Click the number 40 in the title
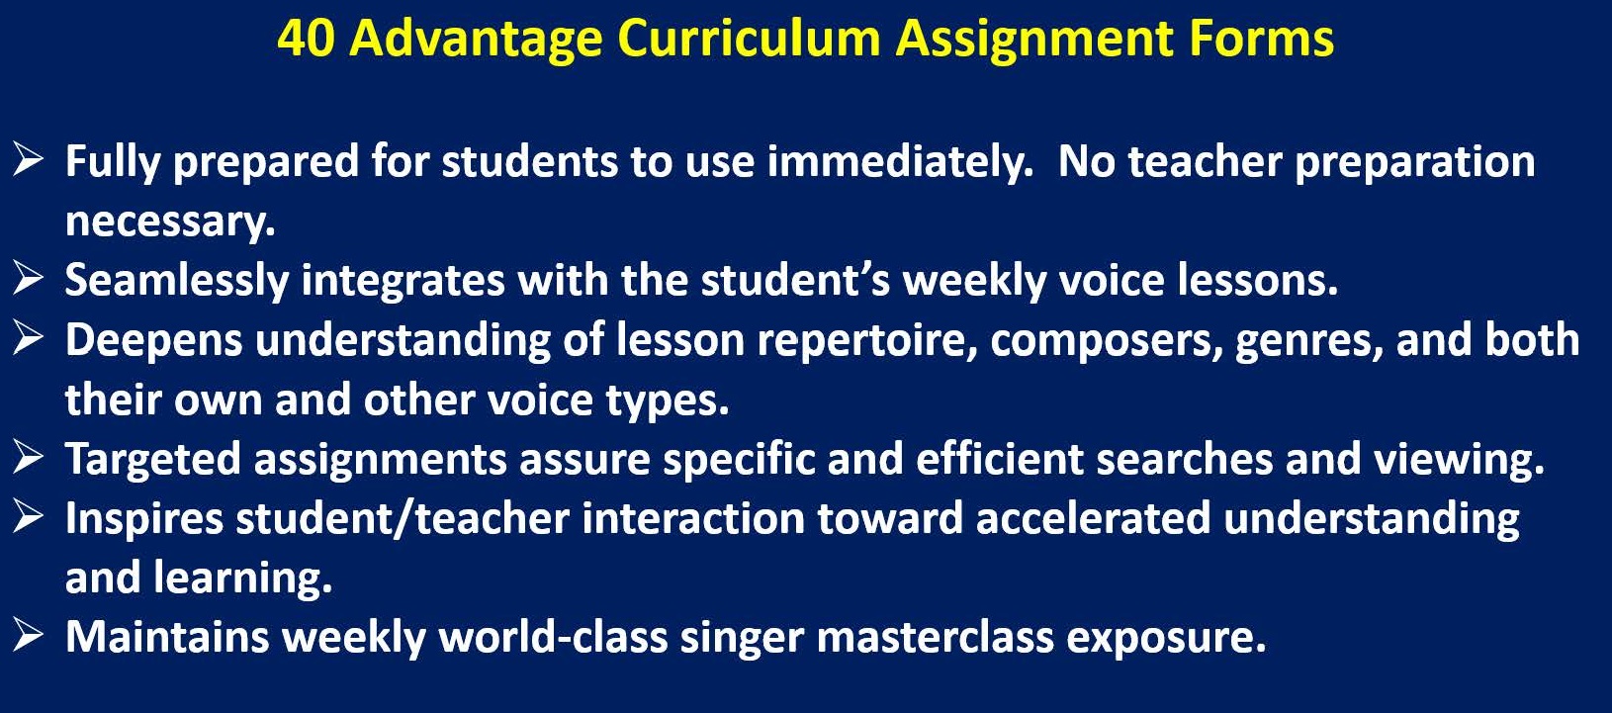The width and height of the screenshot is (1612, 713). tap(306, 38)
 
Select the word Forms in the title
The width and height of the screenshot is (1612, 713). tap(1262, 38)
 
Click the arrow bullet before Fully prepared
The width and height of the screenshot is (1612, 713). tap(28, 159)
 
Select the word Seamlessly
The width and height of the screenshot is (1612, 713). tap(177, 281)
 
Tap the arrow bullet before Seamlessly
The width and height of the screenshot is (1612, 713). tap(28, 278)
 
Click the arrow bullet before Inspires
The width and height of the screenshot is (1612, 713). tap(28, 516)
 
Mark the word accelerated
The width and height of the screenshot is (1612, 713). tap(1093, 519)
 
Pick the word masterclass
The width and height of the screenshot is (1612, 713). tap(935, 638)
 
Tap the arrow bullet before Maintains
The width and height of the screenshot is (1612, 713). tap(28, 635)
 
